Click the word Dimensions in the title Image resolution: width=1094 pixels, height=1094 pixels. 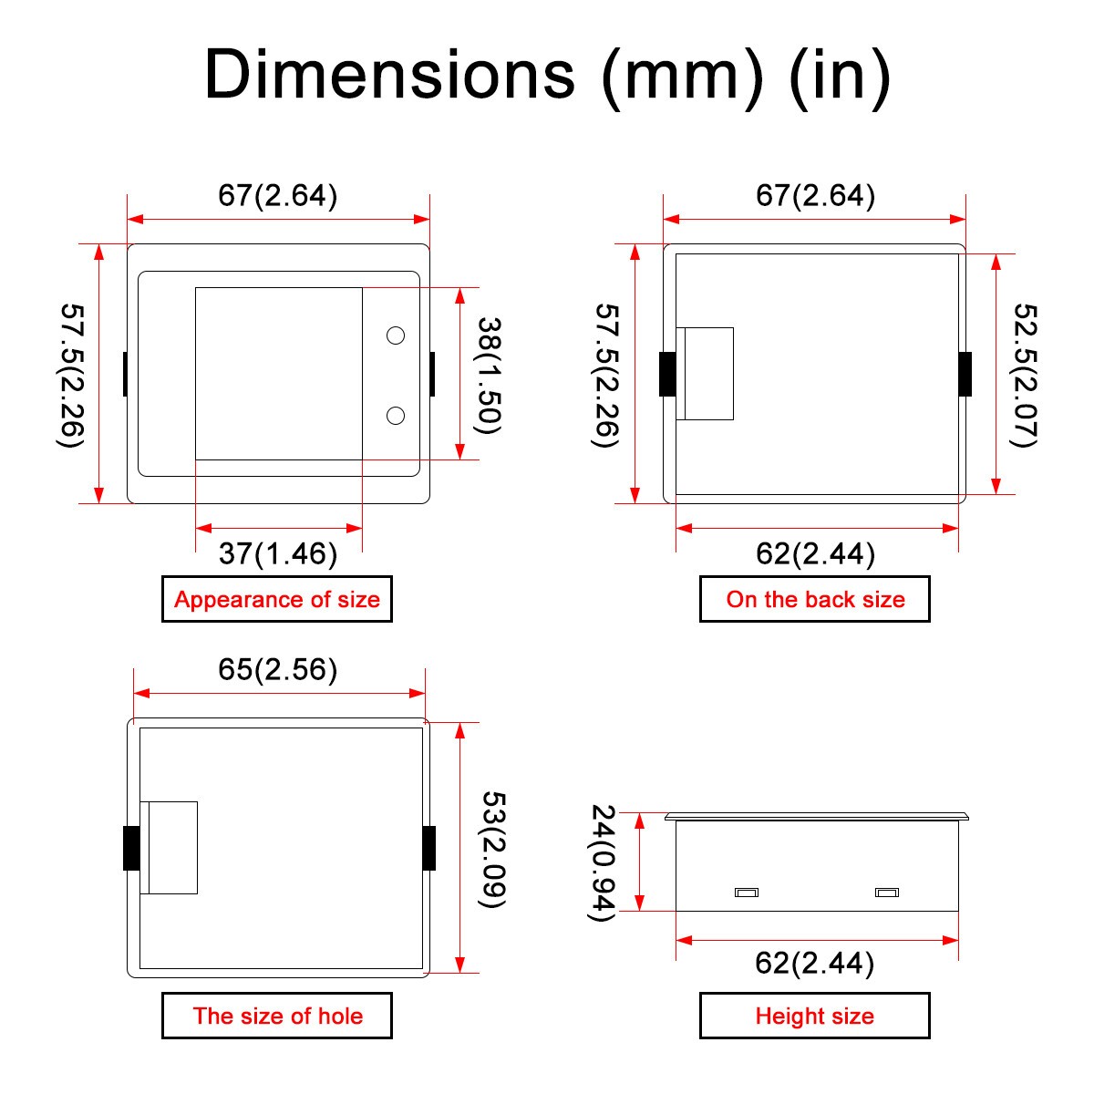click(390, 75)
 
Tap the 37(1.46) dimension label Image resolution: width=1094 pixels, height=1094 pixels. click(278, 553)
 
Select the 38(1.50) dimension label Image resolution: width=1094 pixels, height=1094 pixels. click(489, 376)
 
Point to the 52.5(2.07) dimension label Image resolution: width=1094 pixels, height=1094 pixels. click(1026, 376)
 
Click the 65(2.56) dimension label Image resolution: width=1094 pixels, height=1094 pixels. click(278, 669)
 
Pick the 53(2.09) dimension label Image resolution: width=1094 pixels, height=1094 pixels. click(492, 850)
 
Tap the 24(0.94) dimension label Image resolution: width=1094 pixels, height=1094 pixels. click(603, 862)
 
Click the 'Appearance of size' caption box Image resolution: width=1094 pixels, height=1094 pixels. click(277, 599)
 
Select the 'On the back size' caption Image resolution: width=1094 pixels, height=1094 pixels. click(815, 599)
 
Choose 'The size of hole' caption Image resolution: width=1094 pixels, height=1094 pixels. click(277, 1016)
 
